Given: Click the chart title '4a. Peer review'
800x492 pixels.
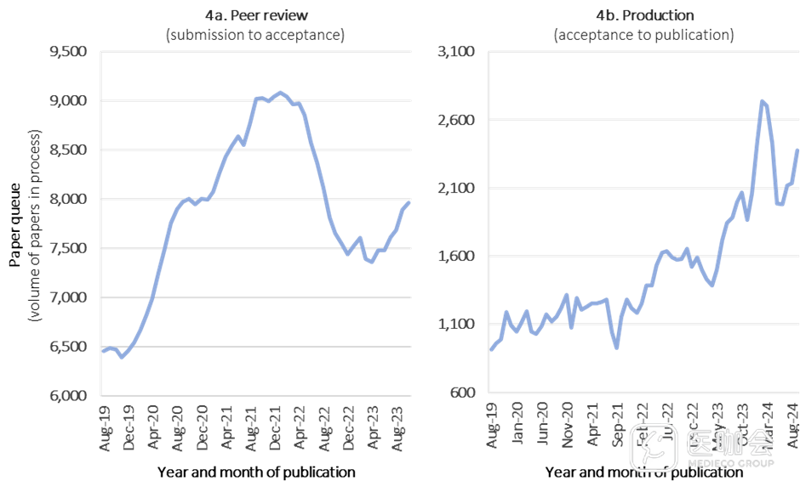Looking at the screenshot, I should coord(256,15).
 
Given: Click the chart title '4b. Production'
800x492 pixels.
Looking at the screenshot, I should coord(644,15).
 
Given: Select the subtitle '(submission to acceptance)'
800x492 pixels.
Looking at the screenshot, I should coord(256,35).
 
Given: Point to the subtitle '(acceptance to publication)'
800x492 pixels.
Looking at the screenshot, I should coord(644,35).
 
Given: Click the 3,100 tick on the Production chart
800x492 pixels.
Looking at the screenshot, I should coord(459,52).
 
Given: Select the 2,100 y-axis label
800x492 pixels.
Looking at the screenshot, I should coord(459,188).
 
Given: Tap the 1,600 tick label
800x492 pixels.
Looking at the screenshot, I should coord(459,257).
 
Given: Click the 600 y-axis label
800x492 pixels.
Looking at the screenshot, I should coord(465,393).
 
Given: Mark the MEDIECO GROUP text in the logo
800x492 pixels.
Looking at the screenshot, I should coord(729,464).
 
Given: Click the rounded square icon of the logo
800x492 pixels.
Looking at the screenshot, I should coord(653,448).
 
